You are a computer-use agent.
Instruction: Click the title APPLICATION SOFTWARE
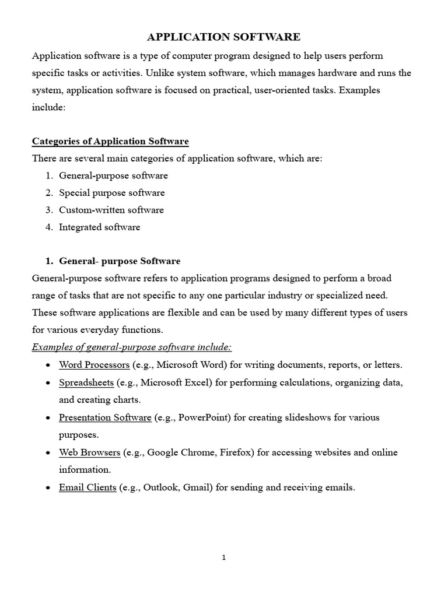coord(223,37)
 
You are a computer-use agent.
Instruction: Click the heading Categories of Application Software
coord(110,142)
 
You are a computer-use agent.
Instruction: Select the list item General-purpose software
coord(113,175)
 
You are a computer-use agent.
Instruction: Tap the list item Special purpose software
coord(111,192)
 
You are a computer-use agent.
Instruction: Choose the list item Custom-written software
coord(111,210)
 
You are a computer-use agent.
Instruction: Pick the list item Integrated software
coord(99,227)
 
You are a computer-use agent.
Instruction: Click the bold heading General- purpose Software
coord(120,261)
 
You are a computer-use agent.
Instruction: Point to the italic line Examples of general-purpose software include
coord(132,347)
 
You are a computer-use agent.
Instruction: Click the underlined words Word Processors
coord(94,365)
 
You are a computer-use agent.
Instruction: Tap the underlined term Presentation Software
coord(105,417)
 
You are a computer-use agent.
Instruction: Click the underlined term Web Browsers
coord(90,452)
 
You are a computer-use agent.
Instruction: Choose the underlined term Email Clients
coord(87,487)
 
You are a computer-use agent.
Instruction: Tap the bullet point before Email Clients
coord(47,488)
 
